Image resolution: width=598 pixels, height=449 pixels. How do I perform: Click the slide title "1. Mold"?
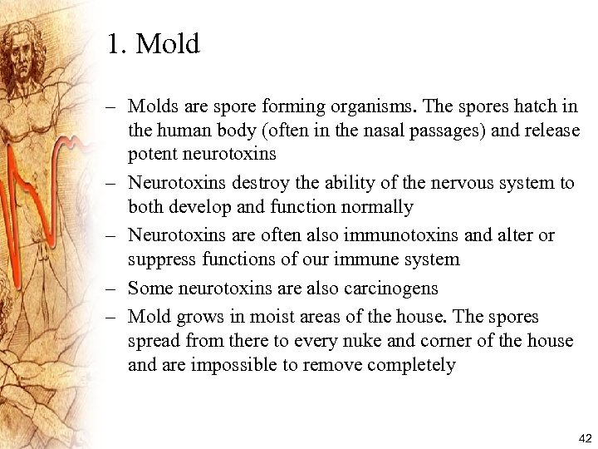pyautogui.click(x=154, y=44)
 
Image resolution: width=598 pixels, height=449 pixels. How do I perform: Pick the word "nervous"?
pyautogui.click(x=439, y=184)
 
